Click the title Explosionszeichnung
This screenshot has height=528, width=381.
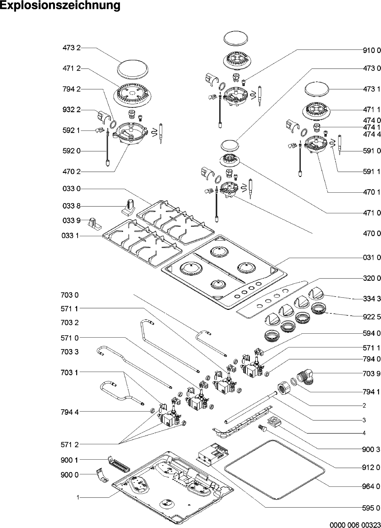point(60,6)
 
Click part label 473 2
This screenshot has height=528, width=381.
point(71,48)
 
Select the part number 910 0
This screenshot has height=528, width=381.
point(372,50)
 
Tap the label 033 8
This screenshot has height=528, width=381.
point(71,206)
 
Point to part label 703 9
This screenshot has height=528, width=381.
point(372,374)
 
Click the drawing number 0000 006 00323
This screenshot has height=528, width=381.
point(355,525)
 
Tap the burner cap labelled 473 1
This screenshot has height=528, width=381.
point(316,89)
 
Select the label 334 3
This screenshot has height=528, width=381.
point(372,299)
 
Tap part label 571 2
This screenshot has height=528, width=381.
point(70,444)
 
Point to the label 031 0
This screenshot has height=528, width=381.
point(372,257)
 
